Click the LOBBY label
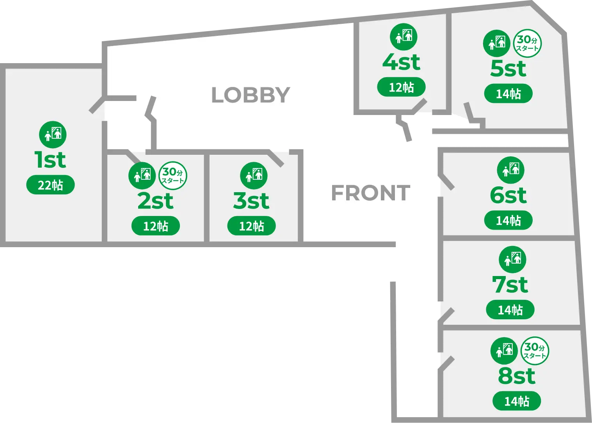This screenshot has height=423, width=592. (x=251, y=95)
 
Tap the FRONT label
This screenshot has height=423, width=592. (x=370, y=193)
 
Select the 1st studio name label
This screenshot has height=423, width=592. (x=50, y=160)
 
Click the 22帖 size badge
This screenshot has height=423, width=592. (x=50, y=185)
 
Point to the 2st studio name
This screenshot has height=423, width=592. (x=155, y=201)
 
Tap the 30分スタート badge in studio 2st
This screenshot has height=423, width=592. (x=173, y=175)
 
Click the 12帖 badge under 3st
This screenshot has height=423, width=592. (x=251, y=226)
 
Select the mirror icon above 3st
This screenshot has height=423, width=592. (x=254, y=175)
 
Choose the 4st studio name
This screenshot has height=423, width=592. (x=401, y=62)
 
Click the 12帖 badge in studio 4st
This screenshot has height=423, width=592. (x=401, y=87)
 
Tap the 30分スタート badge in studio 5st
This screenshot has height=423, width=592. (x=528, y=44)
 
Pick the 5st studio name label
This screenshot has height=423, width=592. (x=508, y=69)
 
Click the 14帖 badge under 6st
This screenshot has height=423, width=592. (x=508, y=221)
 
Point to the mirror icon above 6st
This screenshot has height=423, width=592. (x=510, y=170)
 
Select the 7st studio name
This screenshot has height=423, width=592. (x=510, y=285)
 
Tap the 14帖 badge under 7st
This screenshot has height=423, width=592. (x=510, y=310)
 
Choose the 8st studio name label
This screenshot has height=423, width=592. (x=517, y=376)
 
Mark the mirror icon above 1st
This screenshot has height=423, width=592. (x=53, y=135)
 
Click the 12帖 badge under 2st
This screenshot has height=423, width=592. (x=155, y=226)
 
